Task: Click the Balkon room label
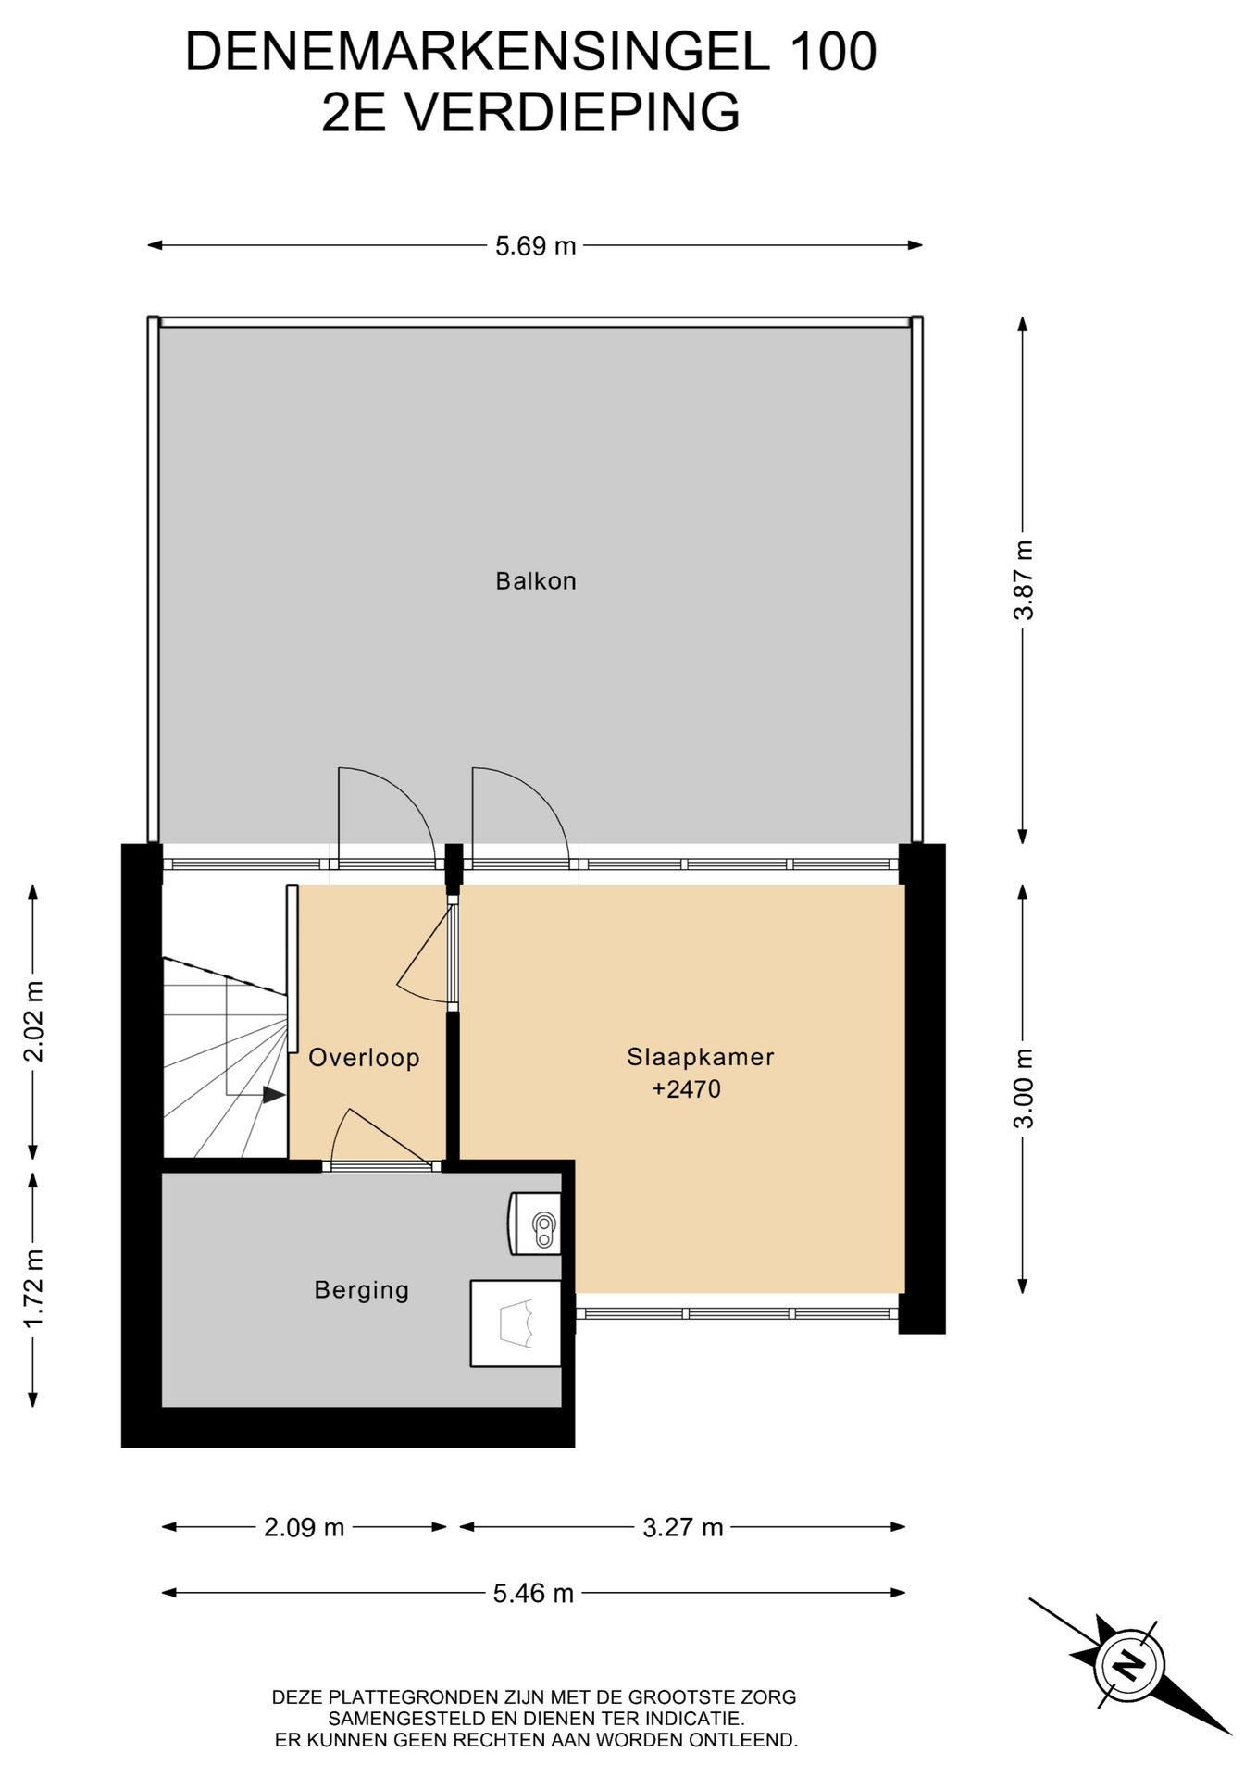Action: point(535,581)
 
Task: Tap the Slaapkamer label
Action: point(700,1057)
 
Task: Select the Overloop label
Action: point(364,1058)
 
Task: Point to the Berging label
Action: point(361,1290)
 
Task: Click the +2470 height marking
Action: point(686,1089)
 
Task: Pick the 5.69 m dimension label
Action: point(535,246)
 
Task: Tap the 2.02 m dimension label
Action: point(33,1022)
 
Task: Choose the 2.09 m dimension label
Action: point(304,1527)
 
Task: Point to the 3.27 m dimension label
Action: point(683,1527)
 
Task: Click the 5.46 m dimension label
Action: point(533,1593)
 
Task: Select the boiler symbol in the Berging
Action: point(536,1224)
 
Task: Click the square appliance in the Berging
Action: point(516,1323)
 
